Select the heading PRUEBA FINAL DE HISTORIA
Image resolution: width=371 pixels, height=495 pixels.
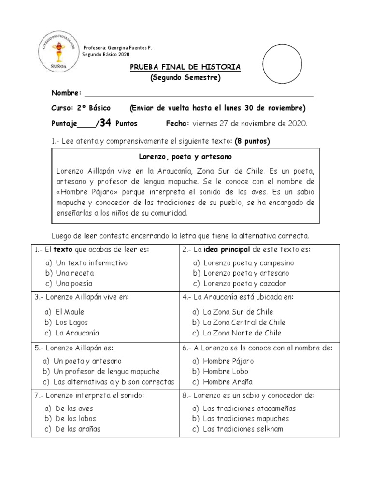(x=185, y=67)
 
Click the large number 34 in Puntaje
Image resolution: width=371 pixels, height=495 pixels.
(x=105, y=123)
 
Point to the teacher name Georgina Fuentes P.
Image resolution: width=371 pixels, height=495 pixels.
(x=131, y=47)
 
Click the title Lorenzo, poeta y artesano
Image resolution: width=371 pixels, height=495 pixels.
(x=185, y=157)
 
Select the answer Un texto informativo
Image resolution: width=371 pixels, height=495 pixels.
(x=91, y=263)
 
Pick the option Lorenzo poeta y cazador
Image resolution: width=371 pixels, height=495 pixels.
(x=244, y=284)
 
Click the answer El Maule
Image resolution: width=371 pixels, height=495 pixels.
(x=70, y=312)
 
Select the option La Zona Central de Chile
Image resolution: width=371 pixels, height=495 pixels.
(x=244, y=322)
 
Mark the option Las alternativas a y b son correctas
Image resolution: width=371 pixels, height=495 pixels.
(x=114, y=382)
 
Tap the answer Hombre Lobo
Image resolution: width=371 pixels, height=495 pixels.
(x=226, y=371)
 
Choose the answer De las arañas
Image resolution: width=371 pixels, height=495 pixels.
(x=78, y=429)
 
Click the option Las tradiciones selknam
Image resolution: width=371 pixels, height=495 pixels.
(x=243, y=429)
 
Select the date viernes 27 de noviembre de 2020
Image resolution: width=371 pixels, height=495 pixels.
(x=250, y=123)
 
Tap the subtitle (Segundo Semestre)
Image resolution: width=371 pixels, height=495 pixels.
(x=185, y=78)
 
